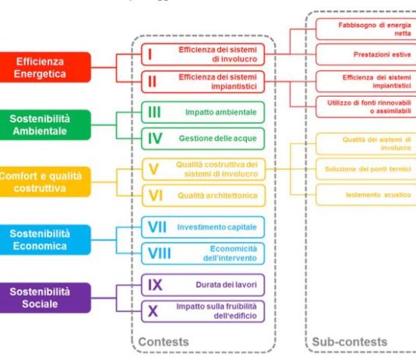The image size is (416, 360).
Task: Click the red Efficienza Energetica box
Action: (x=44, y=67)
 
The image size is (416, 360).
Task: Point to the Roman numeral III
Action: (x=155, y=111)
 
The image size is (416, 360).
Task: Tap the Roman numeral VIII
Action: (x=160, y=253)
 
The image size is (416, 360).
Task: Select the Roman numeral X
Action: (x=153, y=311)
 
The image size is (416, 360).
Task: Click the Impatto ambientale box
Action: (x=203, y=111)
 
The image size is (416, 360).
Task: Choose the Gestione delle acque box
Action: (x=203, y=139)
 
